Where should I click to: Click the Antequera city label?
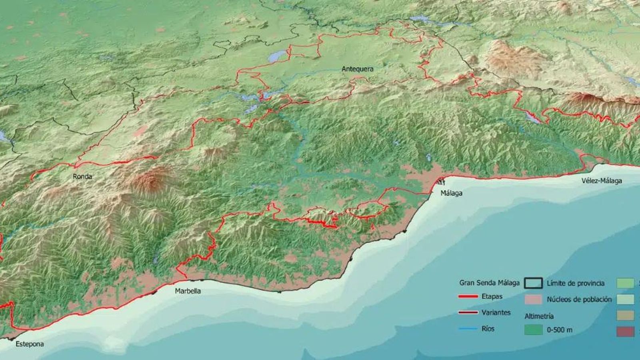[x=357, y=69]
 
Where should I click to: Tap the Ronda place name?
[x=82, y=176]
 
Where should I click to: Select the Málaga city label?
[x=451, y=193]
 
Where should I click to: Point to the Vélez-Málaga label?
[x=602, y=181]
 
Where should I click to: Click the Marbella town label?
[x=188, y=291]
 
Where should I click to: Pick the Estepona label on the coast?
[x=30, y=344]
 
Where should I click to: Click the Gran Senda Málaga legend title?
[x=489, y=283]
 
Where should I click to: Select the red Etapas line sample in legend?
[x=468, y=296]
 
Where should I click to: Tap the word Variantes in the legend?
[x=496, y=312]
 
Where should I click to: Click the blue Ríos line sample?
[x=468, y=328]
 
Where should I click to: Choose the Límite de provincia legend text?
[x=575, y=283]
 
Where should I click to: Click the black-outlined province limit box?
[x=533, y=283]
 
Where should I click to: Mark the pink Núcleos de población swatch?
[x=533, y=299]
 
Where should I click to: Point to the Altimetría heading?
[x=539, y=316]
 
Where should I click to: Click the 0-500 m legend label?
[x=559, y=330]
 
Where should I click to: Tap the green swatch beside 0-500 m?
[x=533, y=330]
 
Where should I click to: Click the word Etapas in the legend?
[x=492, y=296]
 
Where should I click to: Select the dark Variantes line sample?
[x=468, y=312]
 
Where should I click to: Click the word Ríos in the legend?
[x=488, y=328]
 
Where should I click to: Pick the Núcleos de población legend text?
[x=579, y=299]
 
